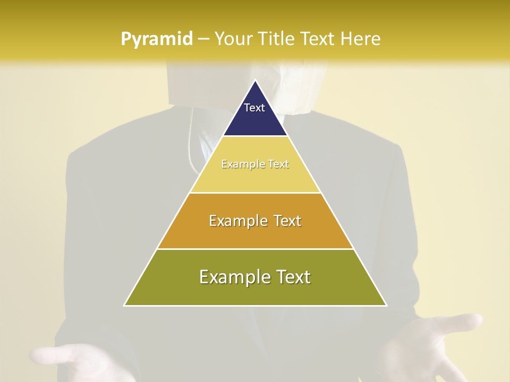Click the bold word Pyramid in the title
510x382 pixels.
pos(157,39)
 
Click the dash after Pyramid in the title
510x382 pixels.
pos(203,39)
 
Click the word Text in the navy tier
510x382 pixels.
pos(254,108)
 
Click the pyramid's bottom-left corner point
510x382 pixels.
pos(124,306)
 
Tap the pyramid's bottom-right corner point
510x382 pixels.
pos(386,306)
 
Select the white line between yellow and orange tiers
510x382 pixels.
pos(255,193)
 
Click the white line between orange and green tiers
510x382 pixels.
pos(255,249)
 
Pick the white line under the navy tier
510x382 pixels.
pos(255,136)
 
